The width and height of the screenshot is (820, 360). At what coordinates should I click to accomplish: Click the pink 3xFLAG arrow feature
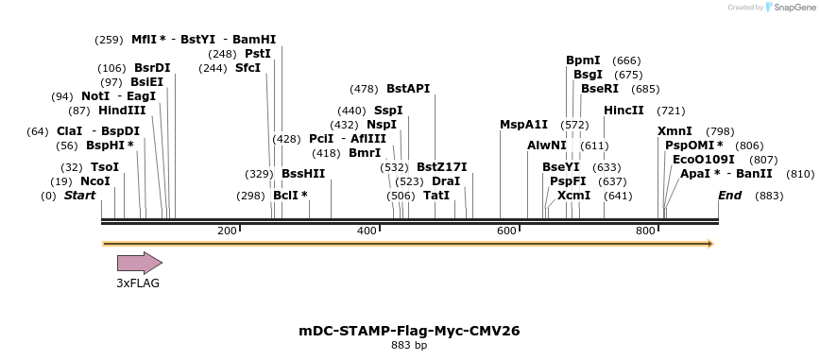[139, 264]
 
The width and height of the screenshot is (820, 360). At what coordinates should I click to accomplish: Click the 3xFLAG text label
[138, 283]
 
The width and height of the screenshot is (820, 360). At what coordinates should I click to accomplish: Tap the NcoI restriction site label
[95, 181]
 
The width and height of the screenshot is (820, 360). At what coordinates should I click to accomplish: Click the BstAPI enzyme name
[408, 89]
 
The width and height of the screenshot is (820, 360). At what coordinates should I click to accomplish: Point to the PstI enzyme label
[258, 54]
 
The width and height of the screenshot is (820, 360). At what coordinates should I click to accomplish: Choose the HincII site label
[624, 111]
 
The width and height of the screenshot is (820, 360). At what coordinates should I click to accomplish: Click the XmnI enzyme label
[675, 131]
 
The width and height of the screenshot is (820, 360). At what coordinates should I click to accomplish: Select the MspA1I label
[523, 125]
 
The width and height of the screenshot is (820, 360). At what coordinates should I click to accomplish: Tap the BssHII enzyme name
[303, 174]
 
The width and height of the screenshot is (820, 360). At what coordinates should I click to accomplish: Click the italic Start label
[79, 196]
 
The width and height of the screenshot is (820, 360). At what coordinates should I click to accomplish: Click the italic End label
[729, 196]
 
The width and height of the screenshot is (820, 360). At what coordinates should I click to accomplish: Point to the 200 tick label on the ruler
[227, 231]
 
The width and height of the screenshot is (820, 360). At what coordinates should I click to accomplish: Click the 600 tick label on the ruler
[506, 231]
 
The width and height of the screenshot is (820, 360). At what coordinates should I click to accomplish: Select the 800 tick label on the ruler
[646, 231]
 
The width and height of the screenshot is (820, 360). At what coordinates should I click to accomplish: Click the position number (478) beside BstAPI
[364, 89]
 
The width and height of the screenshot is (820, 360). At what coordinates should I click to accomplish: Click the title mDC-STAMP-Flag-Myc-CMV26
[409, 331]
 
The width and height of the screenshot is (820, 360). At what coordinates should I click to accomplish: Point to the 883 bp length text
[409, 346]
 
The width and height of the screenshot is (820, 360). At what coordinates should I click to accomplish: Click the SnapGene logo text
[791, 8]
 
